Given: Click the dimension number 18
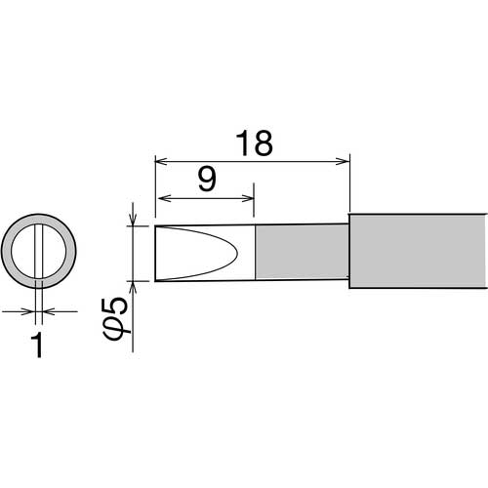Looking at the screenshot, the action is [x=254, y=143].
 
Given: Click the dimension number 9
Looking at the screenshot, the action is [x=207, y=180].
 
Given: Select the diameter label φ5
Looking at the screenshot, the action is [x=116, y=319].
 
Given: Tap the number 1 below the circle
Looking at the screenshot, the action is [x=38, y=346].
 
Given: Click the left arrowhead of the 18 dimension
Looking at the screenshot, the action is [x=161, y=161].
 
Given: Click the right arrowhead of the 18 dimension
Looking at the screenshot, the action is [x=343, y=161].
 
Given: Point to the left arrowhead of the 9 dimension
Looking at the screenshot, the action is [x=164, y=198].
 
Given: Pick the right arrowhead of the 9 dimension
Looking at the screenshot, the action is [x=247, y=198].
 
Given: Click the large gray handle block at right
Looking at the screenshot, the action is [x=419, y=251].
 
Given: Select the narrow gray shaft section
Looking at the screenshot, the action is [x=302, y=252].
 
